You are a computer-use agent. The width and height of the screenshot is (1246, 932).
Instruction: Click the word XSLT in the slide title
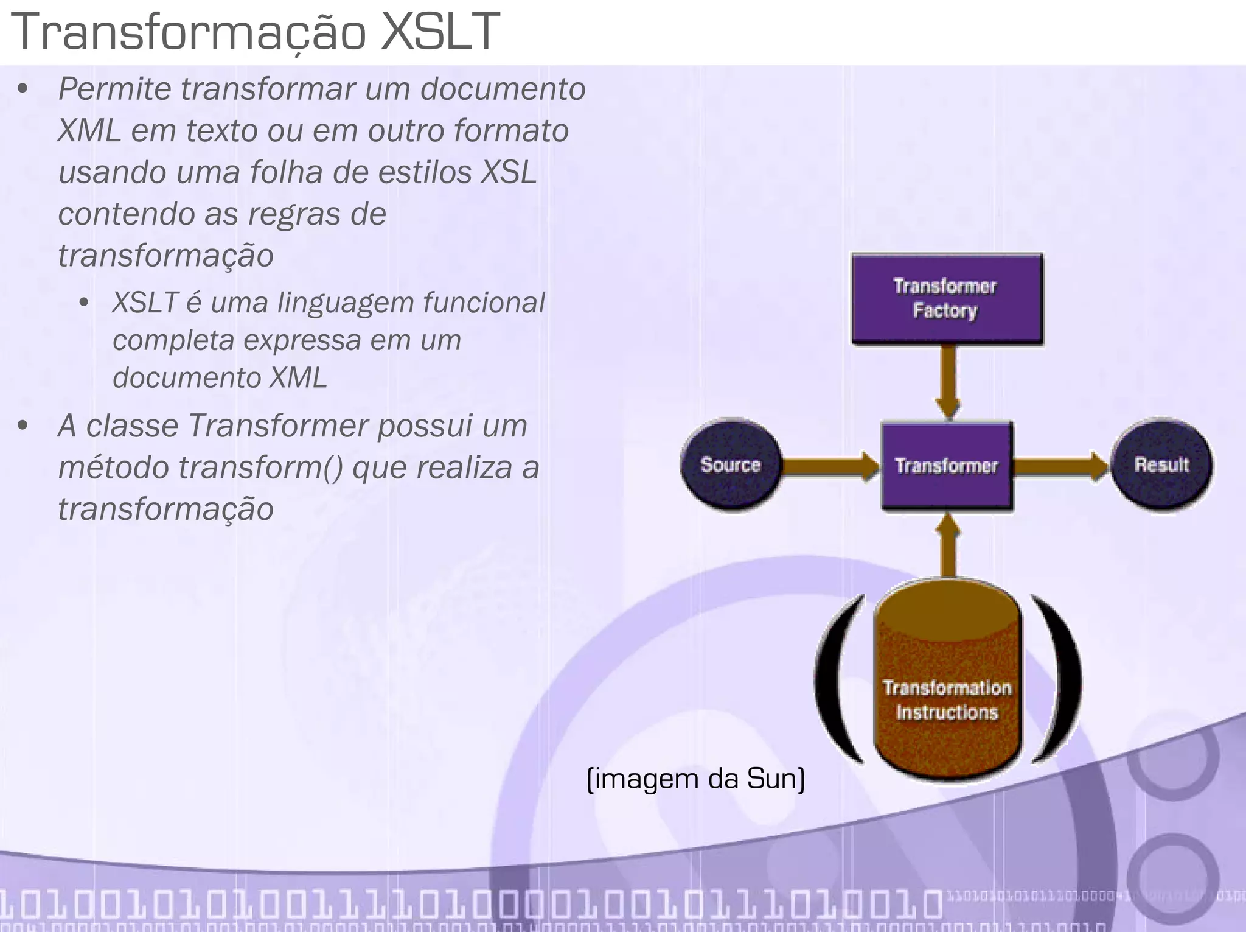click(x=439, y=32)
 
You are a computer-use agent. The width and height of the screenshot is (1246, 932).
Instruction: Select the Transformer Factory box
click(x=947, y=299)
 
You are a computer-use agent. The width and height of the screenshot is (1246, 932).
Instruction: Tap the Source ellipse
click(x=731, y=465)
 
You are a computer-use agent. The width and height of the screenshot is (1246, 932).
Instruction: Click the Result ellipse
click(x=1161, y=465)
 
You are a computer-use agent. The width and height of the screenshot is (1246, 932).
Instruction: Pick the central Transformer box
click(x=947, y=465)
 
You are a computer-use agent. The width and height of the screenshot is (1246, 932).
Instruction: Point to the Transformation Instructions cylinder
click(x=947, y=682)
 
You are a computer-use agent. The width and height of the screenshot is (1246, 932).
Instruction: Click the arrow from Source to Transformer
click(x=830, y=466)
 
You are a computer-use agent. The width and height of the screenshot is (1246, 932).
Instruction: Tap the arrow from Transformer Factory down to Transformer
click(x=947, y=380)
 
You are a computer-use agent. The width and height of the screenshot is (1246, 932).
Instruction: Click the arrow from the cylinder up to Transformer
click(x=947, y=545)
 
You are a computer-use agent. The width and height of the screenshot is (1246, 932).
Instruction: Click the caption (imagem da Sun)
click(x=695, y=779)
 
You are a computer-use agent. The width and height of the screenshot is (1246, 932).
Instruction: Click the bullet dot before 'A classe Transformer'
click(x=23, y=426)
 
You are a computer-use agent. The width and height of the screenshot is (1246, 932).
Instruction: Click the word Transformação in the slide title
click(x=189, y=32)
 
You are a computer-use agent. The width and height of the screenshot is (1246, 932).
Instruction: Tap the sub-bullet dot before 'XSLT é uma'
click(x=85, y=303)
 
